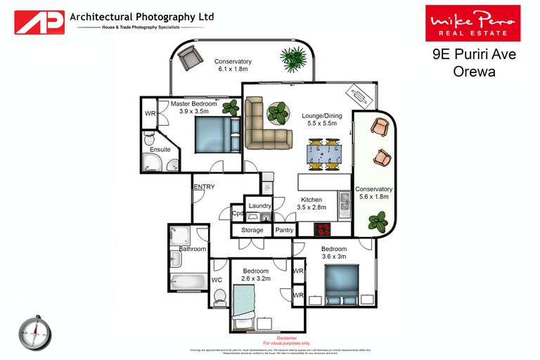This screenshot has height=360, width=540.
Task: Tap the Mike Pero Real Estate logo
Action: pyautogui.click(x=472, y=23)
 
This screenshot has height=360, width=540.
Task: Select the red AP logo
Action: pyautogui.click(x=39, y=21)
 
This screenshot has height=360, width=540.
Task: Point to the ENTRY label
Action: pyautogui.click(x=204, y=186)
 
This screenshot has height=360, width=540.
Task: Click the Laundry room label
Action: pyautogui.click(x=259, y=205)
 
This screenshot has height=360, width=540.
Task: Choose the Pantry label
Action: pyautogui.click(x=284, y=230)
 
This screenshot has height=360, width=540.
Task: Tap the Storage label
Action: pyautogui.click(x=252, y=230)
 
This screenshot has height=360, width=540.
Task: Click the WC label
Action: pyautogui.click(x=217, y=279)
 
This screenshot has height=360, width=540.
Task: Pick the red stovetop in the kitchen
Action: pyautogui.click(x=323, y=229)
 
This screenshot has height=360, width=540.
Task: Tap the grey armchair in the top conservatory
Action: pyautogui.click(x=189, y=58)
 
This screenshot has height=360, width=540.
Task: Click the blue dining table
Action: pyautogui.click(x=323, y=154)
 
